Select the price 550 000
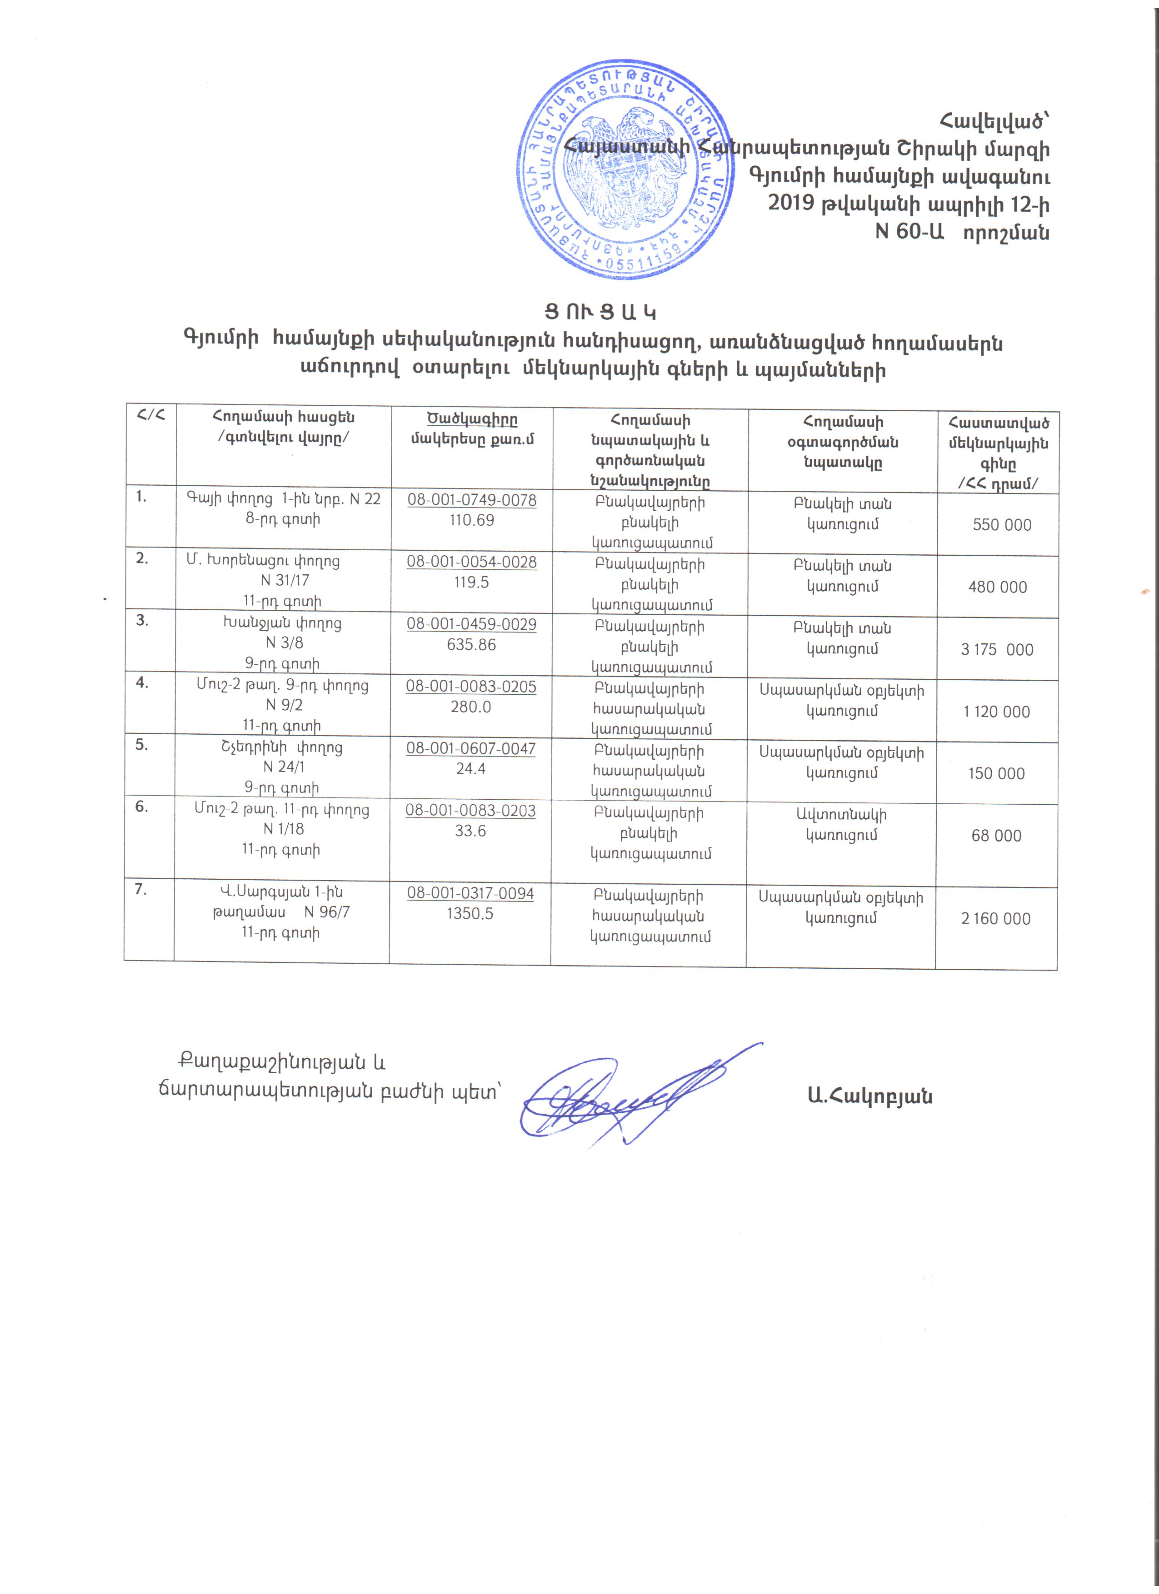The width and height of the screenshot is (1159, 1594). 1002,525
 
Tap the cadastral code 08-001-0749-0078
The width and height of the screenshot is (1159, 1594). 472,500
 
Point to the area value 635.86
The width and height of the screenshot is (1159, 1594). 471,644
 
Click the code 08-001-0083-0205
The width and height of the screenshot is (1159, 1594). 471,687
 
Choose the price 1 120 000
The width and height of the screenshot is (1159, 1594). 997,712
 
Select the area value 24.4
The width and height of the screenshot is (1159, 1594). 470,769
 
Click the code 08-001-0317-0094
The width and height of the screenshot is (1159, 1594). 470,894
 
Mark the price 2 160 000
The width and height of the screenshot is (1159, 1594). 995,919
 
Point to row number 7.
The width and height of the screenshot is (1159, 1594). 141,890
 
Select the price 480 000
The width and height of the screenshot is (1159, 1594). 997,588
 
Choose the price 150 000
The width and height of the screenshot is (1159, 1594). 996,774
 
